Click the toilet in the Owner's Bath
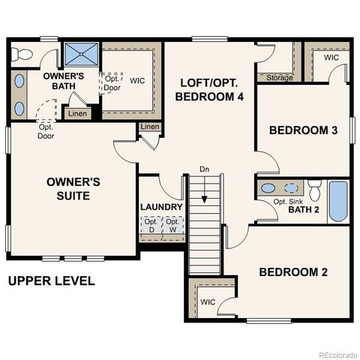click(22, 53)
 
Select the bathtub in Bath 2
click(338, 201)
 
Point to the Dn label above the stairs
click(204, 169)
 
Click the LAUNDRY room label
click(161, 207)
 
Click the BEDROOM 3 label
click(303, 130)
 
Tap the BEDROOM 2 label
click(292, 271)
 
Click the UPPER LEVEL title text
click(51, 281)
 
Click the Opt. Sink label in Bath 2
click(289, 200)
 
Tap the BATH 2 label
click(304, 209)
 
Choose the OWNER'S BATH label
click(63, 81)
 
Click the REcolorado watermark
click(337, 355)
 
